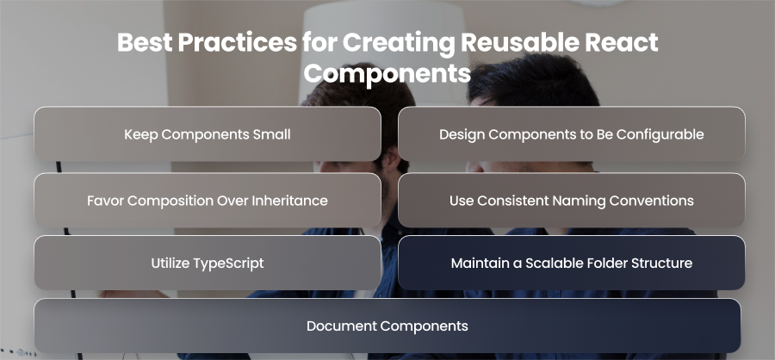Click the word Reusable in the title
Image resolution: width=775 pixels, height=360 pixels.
[518, 42]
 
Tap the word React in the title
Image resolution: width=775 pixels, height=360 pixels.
[621, 42]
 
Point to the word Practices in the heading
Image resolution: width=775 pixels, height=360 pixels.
[238, 42]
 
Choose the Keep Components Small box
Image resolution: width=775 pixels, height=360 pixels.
[208, 134]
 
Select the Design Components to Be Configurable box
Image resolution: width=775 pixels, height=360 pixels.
[572, 134]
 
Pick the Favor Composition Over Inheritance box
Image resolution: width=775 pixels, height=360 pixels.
[208, 201]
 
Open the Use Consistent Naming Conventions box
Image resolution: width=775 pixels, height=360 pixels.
[572, 201]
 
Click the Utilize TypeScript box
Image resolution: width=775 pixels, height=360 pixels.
[208, 263]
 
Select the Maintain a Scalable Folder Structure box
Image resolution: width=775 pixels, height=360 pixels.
[572, 263]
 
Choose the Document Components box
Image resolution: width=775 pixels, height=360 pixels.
[387, 326]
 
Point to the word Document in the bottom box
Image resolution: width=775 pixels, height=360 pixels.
[342, 326]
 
